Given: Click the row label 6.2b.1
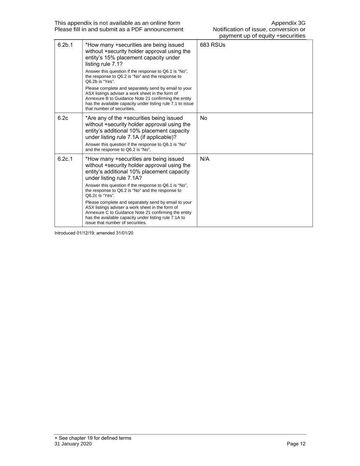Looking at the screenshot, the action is coord(65,45).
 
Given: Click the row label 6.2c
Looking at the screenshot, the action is coord(63,118).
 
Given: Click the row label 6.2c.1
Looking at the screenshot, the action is coord(65,159).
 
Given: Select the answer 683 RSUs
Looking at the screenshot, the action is coord(212,45).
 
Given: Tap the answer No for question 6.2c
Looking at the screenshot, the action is coord(203,118).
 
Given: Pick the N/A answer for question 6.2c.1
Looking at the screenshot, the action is coord(204,159).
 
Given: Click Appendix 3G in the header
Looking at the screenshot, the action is coord(288,23).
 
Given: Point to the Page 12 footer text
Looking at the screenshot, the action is coord(296,444).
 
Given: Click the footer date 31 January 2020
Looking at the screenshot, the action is coord(73,444).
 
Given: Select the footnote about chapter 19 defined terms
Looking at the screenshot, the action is coord(93,438).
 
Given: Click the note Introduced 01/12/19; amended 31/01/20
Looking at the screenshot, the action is coord(94,233).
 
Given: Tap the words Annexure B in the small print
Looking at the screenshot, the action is coord(97,98).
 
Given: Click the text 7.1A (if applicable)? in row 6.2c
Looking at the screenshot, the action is coord(152,137).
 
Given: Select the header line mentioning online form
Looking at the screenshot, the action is coord(117,23).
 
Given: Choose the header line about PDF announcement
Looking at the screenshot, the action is coord(119,29).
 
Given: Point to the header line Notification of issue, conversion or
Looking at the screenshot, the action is coord(259,29).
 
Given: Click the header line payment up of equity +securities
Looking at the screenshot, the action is coord(262,36).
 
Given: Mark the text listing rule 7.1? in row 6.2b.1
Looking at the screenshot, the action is coord(104,64).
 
